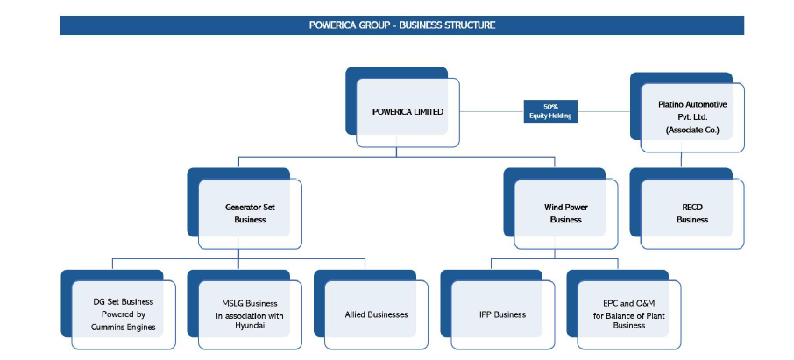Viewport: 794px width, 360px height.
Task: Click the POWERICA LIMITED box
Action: (408, 112)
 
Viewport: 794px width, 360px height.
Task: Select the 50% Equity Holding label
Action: (550, 111)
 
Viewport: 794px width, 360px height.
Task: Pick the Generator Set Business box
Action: (250, 214)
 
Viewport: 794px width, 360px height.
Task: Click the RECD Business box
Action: (692, 214)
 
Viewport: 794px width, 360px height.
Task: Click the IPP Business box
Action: (503, 314)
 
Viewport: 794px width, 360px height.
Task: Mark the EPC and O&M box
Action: (629, 314)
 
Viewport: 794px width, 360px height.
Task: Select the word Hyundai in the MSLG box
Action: (249, 326)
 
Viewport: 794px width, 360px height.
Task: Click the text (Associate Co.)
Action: (692, 130)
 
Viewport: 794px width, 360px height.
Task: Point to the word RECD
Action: (692, 208)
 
